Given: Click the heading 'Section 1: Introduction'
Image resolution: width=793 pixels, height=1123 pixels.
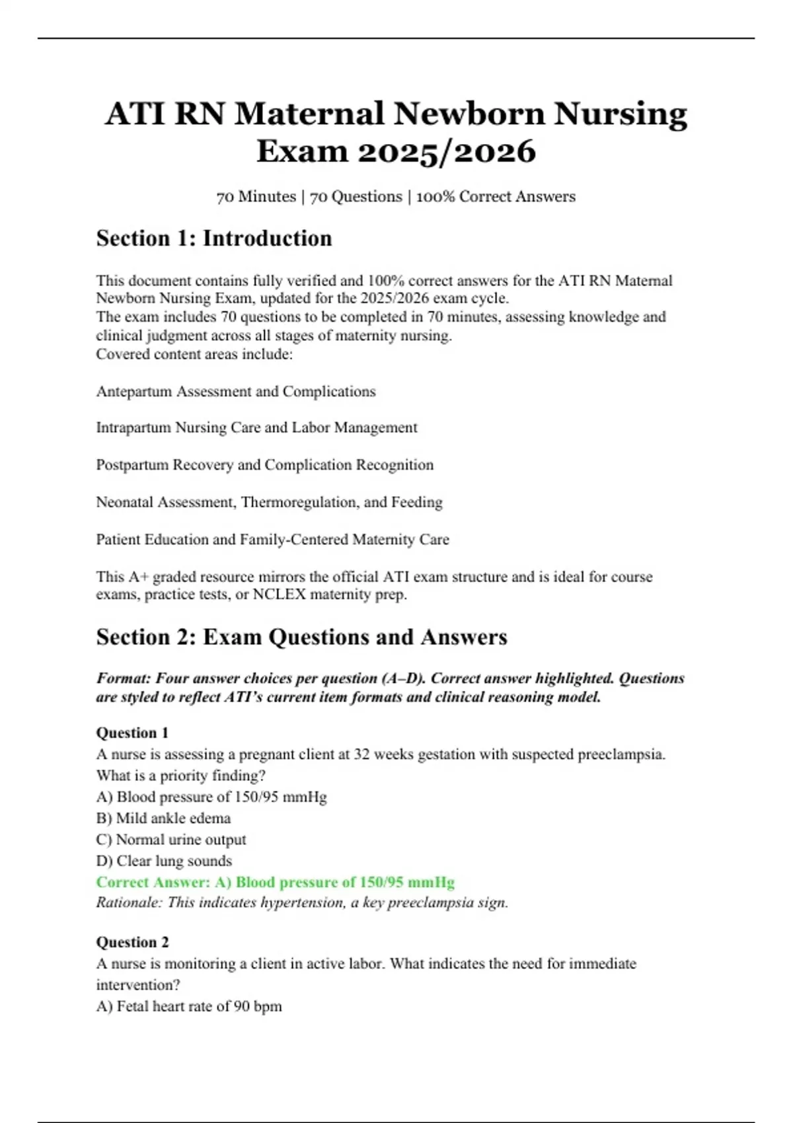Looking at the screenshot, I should pos(214,238).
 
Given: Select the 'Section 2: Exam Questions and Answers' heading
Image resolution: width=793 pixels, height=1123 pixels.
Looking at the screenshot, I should pos(301,637).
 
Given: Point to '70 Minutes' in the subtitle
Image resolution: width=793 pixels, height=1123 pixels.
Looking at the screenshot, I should pos(256,197).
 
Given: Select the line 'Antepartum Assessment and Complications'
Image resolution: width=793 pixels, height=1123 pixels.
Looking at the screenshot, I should pos(236,392).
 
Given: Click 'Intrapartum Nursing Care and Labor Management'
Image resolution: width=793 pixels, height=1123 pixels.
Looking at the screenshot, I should pos(256,428).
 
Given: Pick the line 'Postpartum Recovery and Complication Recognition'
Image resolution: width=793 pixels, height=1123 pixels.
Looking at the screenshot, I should pos(264,465).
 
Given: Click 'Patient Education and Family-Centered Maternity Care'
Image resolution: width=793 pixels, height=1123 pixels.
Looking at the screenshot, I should pos(272,540).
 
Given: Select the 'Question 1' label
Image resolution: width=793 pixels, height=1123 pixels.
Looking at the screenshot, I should pos(132,733).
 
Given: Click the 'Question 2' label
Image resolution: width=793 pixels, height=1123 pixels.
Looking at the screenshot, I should pos(132,942).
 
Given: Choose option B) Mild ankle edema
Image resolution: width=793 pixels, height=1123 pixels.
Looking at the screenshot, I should pos(163,818).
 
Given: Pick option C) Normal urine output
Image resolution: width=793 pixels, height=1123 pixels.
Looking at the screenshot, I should pos(171,840).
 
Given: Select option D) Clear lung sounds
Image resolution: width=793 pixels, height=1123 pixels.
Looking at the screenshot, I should pos(164,861).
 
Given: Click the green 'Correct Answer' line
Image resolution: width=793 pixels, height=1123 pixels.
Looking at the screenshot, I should pos(275,883).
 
